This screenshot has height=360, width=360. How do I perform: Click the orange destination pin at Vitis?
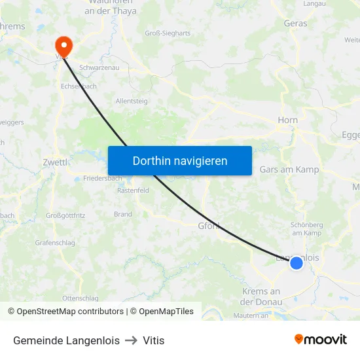(x=64, y=45)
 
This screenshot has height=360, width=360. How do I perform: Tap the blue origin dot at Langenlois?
(x=297, y=262)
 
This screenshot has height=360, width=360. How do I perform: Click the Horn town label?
(x=287, y=120)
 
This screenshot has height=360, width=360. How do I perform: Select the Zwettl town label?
(x=54, y=162)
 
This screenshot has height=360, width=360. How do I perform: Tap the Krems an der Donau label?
(x=261, y=297)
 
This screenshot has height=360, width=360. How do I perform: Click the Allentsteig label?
(x=131, y=101)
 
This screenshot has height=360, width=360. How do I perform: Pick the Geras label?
(x=295, y=24)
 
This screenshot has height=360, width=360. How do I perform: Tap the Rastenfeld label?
(x=133, y=190)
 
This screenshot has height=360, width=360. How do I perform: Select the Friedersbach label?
(x=102, y=178)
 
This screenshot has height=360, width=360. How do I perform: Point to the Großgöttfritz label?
(x=65, y=215)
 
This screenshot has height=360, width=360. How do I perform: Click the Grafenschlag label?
(x=55, y=243)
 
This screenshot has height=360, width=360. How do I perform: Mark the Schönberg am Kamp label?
(x=306, y=229)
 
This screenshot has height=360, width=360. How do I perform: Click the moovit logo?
(x=320, y=340)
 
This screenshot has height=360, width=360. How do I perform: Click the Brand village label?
(x=122, y=214)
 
